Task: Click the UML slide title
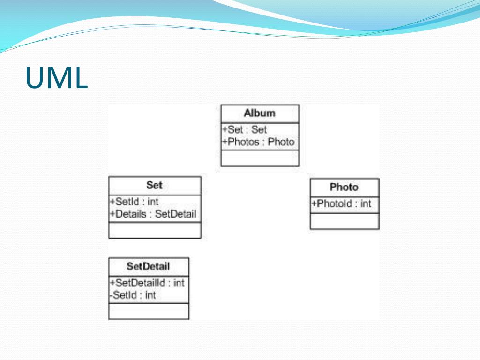tap(56, 77)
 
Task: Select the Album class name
tap(260, 113)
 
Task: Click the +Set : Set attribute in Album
tap(244, 129)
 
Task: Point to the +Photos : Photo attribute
tap(258, 142)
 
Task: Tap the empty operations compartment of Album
tap(260, 158)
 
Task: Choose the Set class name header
tap(154, 185)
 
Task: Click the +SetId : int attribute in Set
tap(134, 202)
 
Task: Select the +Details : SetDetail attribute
tap(153, 215)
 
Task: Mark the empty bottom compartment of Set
tap(155, 230)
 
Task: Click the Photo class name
tap(344, 187)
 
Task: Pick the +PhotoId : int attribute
tap(341, 204)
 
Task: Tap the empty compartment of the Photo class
tap(345, 221)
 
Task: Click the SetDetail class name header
tap(148, 266)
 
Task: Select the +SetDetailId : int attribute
tap(147, 283)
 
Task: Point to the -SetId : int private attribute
tap(133, 295)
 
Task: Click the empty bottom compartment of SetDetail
tap(149, 311)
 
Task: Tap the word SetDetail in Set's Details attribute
tap(175, 215)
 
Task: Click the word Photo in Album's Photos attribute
tap(281, 142)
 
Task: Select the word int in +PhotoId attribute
tap(366, 204)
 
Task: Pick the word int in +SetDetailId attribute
tap(179, 283)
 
